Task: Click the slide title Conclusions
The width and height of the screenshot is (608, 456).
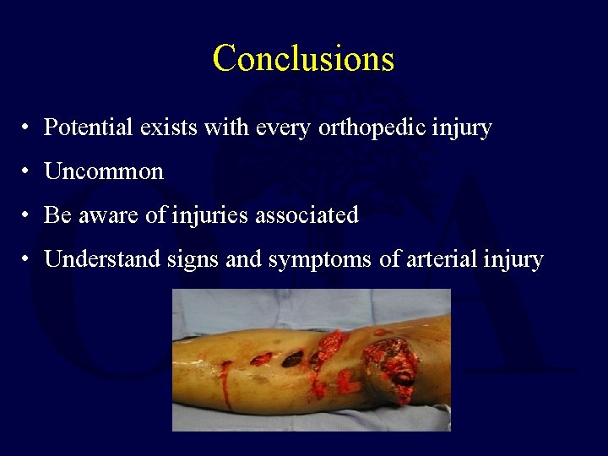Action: click(x=303, y=58)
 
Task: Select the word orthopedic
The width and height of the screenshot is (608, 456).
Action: click(x=385, y=128)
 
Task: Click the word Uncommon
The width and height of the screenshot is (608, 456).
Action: click(x=104, y=171)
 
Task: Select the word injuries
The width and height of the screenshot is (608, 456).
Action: click(x=204, y=215)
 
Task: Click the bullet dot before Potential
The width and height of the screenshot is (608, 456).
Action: click(x=28, y=129)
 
